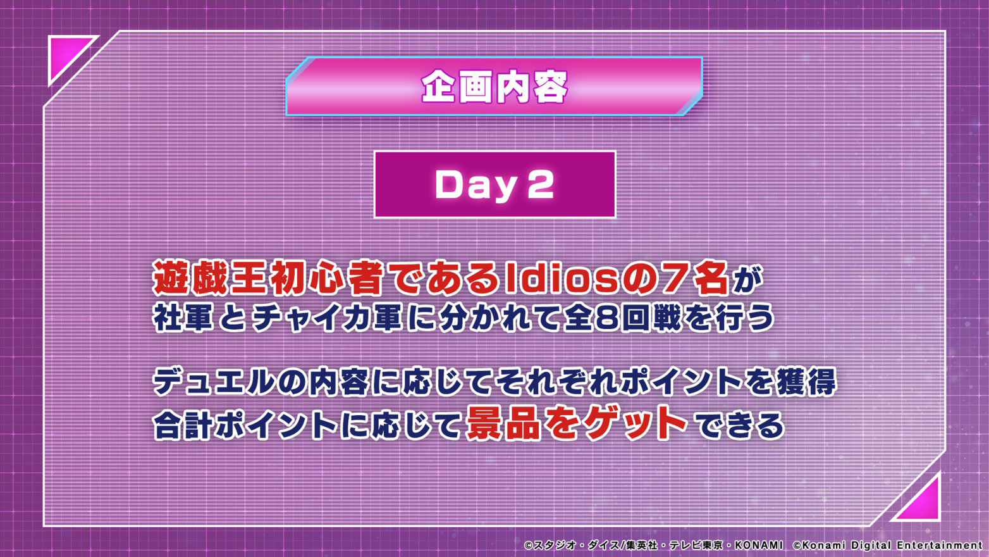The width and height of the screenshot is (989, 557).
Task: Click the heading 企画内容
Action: [x=494, y=87]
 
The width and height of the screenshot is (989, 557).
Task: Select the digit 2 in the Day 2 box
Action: [x=541, y=185]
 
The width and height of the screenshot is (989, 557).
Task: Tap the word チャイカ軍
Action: [x=326, y=317]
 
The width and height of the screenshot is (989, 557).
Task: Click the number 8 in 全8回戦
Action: [x=606, y=318]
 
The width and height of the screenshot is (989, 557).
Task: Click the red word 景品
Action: [x=503, y=423]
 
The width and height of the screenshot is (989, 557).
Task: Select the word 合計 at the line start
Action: [x=183, y=425]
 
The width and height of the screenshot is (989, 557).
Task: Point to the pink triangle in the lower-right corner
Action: [x=921, y=502]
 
